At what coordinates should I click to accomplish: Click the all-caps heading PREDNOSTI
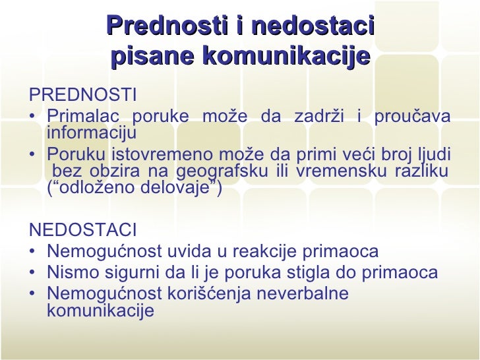pos(83,96)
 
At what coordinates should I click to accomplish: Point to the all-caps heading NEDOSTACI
pos(83,231)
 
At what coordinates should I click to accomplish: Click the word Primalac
pos(84,117)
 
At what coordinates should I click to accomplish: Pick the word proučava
pos(413,117)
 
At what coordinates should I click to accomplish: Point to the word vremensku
pos(340,172)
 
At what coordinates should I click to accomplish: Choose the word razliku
pos(421,172)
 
